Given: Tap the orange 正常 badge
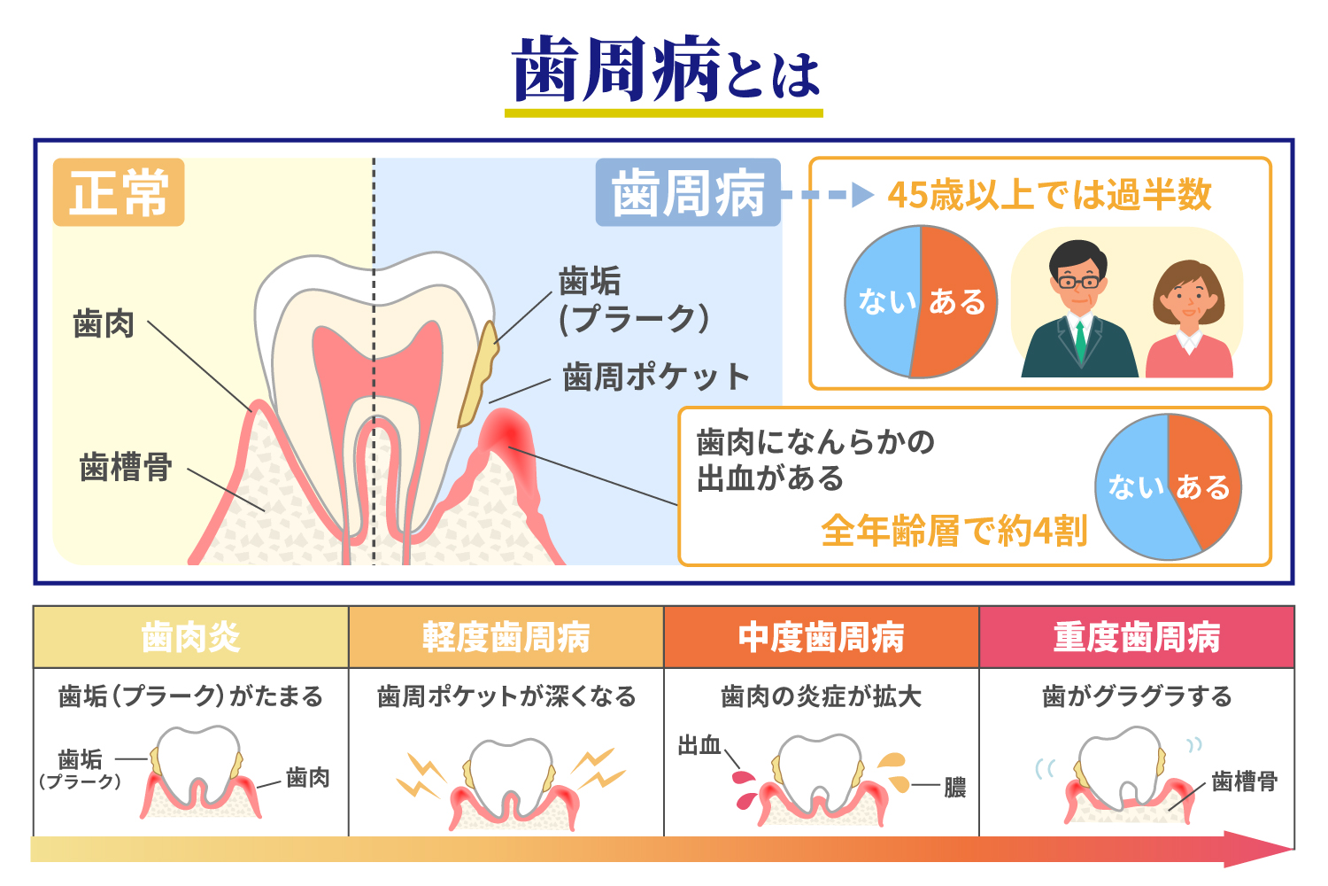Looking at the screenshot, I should pos(119,192).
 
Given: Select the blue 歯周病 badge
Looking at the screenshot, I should pos(688,192).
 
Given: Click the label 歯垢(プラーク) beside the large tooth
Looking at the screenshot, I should pos(633,299).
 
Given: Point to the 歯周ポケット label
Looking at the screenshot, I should pos(656,377).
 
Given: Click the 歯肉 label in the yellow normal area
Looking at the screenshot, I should pos(104,323).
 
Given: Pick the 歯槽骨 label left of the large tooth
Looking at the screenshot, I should pos(126,467).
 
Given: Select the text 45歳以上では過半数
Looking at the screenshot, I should pos(1049,195).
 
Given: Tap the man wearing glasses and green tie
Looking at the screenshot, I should pos(1078,310).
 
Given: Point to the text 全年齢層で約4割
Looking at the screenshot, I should pos(954,532).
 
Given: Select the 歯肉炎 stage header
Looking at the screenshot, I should pos(190,637).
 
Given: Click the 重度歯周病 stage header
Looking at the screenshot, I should pos(1137,637).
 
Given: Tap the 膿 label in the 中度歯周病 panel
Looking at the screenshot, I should pos(954,787).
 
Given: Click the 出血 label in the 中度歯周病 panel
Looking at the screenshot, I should pos(699,746).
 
